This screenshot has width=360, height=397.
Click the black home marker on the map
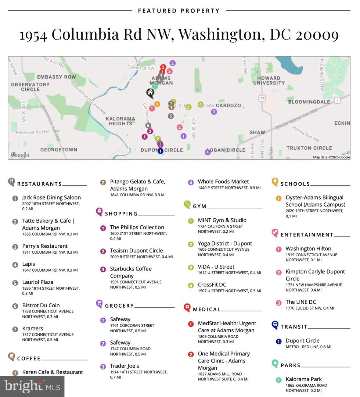(150, 92)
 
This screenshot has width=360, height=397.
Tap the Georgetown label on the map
(58, 150)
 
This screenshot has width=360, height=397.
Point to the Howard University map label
(269, 81)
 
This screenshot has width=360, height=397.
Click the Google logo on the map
(20, 155)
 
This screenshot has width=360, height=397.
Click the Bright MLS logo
(32, 386)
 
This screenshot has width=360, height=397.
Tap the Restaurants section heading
(39, 184)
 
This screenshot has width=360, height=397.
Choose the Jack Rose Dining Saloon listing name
(51, 197)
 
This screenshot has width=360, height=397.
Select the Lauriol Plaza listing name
(37, 282)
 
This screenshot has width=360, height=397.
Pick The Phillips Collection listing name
(137, 227)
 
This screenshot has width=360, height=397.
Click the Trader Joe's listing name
(125, 366)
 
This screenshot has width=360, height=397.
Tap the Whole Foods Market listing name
(223, 182)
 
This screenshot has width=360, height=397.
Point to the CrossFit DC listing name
(212, 285)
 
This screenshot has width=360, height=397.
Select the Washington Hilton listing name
(308, 248)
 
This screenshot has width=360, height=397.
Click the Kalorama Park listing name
(303, 379)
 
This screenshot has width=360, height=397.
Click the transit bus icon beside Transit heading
(275, 325)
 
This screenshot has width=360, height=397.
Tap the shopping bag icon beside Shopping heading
(99, 211)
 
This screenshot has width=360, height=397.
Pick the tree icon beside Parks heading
(275, 364)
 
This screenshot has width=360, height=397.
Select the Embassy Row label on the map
(56, 77)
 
